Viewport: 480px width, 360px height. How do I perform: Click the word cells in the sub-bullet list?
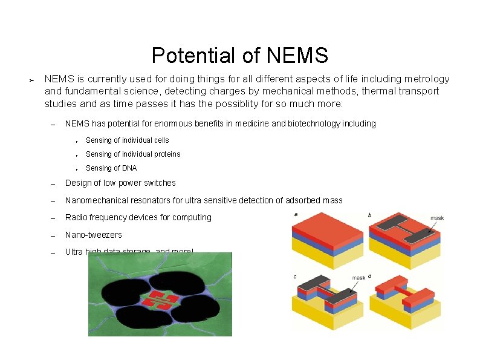click(x=161, y=140)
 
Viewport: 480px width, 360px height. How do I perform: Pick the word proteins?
click(x=166, y=154)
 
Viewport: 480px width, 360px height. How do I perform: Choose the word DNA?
click(x=129, y=168)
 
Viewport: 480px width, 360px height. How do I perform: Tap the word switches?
click(x=158, y=183)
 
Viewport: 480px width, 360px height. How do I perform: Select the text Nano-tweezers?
click(x=93, y=235)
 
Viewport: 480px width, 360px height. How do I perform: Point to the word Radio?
click(x=76, y=217)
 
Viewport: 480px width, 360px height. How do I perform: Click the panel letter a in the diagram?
click(x=296, y=214)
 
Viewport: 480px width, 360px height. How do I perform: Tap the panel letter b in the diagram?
click(x=370, y=215)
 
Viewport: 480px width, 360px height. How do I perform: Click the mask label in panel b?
click(x=437, y=218)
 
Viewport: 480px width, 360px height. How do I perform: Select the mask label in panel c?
click(x=359, y=277)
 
